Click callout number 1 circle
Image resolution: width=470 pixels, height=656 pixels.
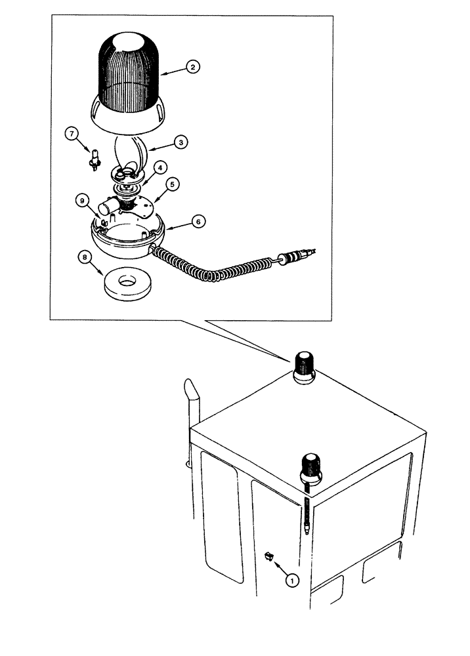pos(293,579)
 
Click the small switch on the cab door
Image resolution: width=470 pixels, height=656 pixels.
pos(268,556)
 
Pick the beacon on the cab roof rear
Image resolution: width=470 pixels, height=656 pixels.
pos(304,367)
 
